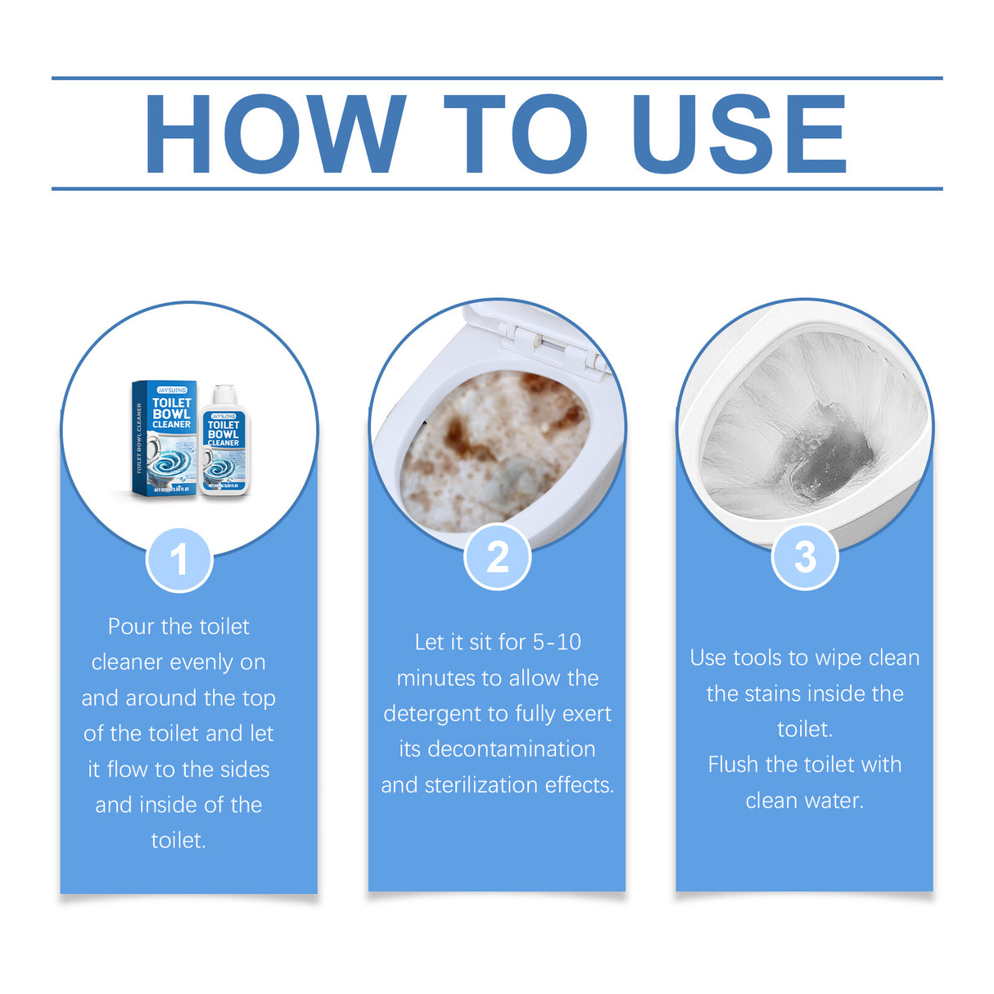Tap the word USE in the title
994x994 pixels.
point(739,134)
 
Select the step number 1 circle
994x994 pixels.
point(179,560)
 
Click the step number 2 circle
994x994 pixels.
point(497,557)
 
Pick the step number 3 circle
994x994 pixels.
point(805,557)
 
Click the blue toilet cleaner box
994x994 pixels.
point(164,438)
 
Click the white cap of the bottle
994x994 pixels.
point(223,395)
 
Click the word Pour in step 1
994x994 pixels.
point(131,626)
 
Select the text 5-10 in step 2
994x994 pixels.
point(557,642)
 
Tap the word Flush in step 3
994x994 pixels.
point(734,765)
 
